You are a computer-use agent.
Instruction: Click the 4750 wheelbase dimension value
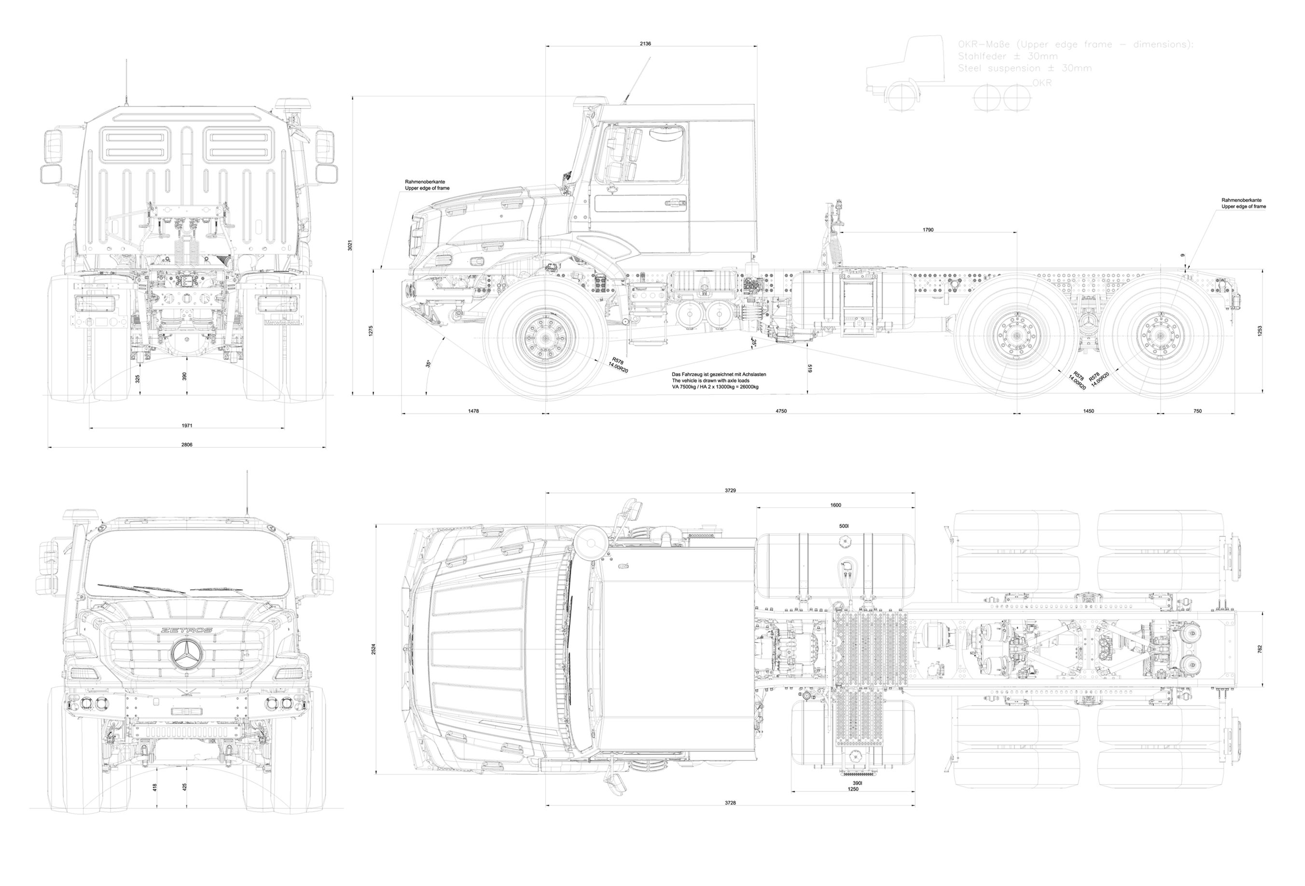pyautogui.click(x=780, y=411)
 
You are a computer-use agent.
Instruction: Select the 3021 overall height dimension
pyautogui.click(x=350, y=245)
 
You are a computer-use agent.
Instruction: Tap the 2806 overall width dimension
pyautogui.click(x=186, y=444)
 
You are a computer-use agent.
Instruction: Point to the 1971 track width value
pyautogui.click(x=186, y=425)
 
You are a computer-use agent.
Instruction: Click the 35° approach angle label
pyautogui.click(x=428, y=363)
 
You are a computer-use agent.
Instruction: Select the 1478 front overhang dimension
pyautogui.click(x=473, y=411)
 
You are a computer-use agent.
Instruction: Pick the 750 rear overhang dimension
pyautogui.click(x=1197, y=411)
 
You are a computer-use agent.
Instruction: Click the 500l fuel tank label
pyautogui.click(x=844, y=526)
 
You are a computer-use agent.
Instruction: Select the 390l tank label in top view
pyautogui.click(x=857, y=783)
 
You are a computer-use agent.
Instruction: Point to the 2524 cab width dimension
pyautogui.click(x=374, y=649)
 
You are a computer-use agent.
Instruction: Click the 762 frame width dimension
pyautogui.click(x=1260, y=649)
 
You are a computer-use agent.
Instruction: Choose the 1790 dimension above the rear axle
pyautogui.click(x=928, y=230)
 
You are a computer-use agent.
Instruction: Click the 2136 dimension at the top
pyautogui.click(x=645, y=43)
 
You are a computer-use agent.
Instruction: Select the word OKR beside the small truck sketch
pyautogui.click(x=1041, y=83)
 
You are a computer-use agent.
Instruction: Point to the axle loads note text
pyautogui.click(x=718, y=380)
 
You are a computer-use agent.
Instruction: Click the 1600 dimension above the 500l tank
pyautogui.click(x=835, y=505)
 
